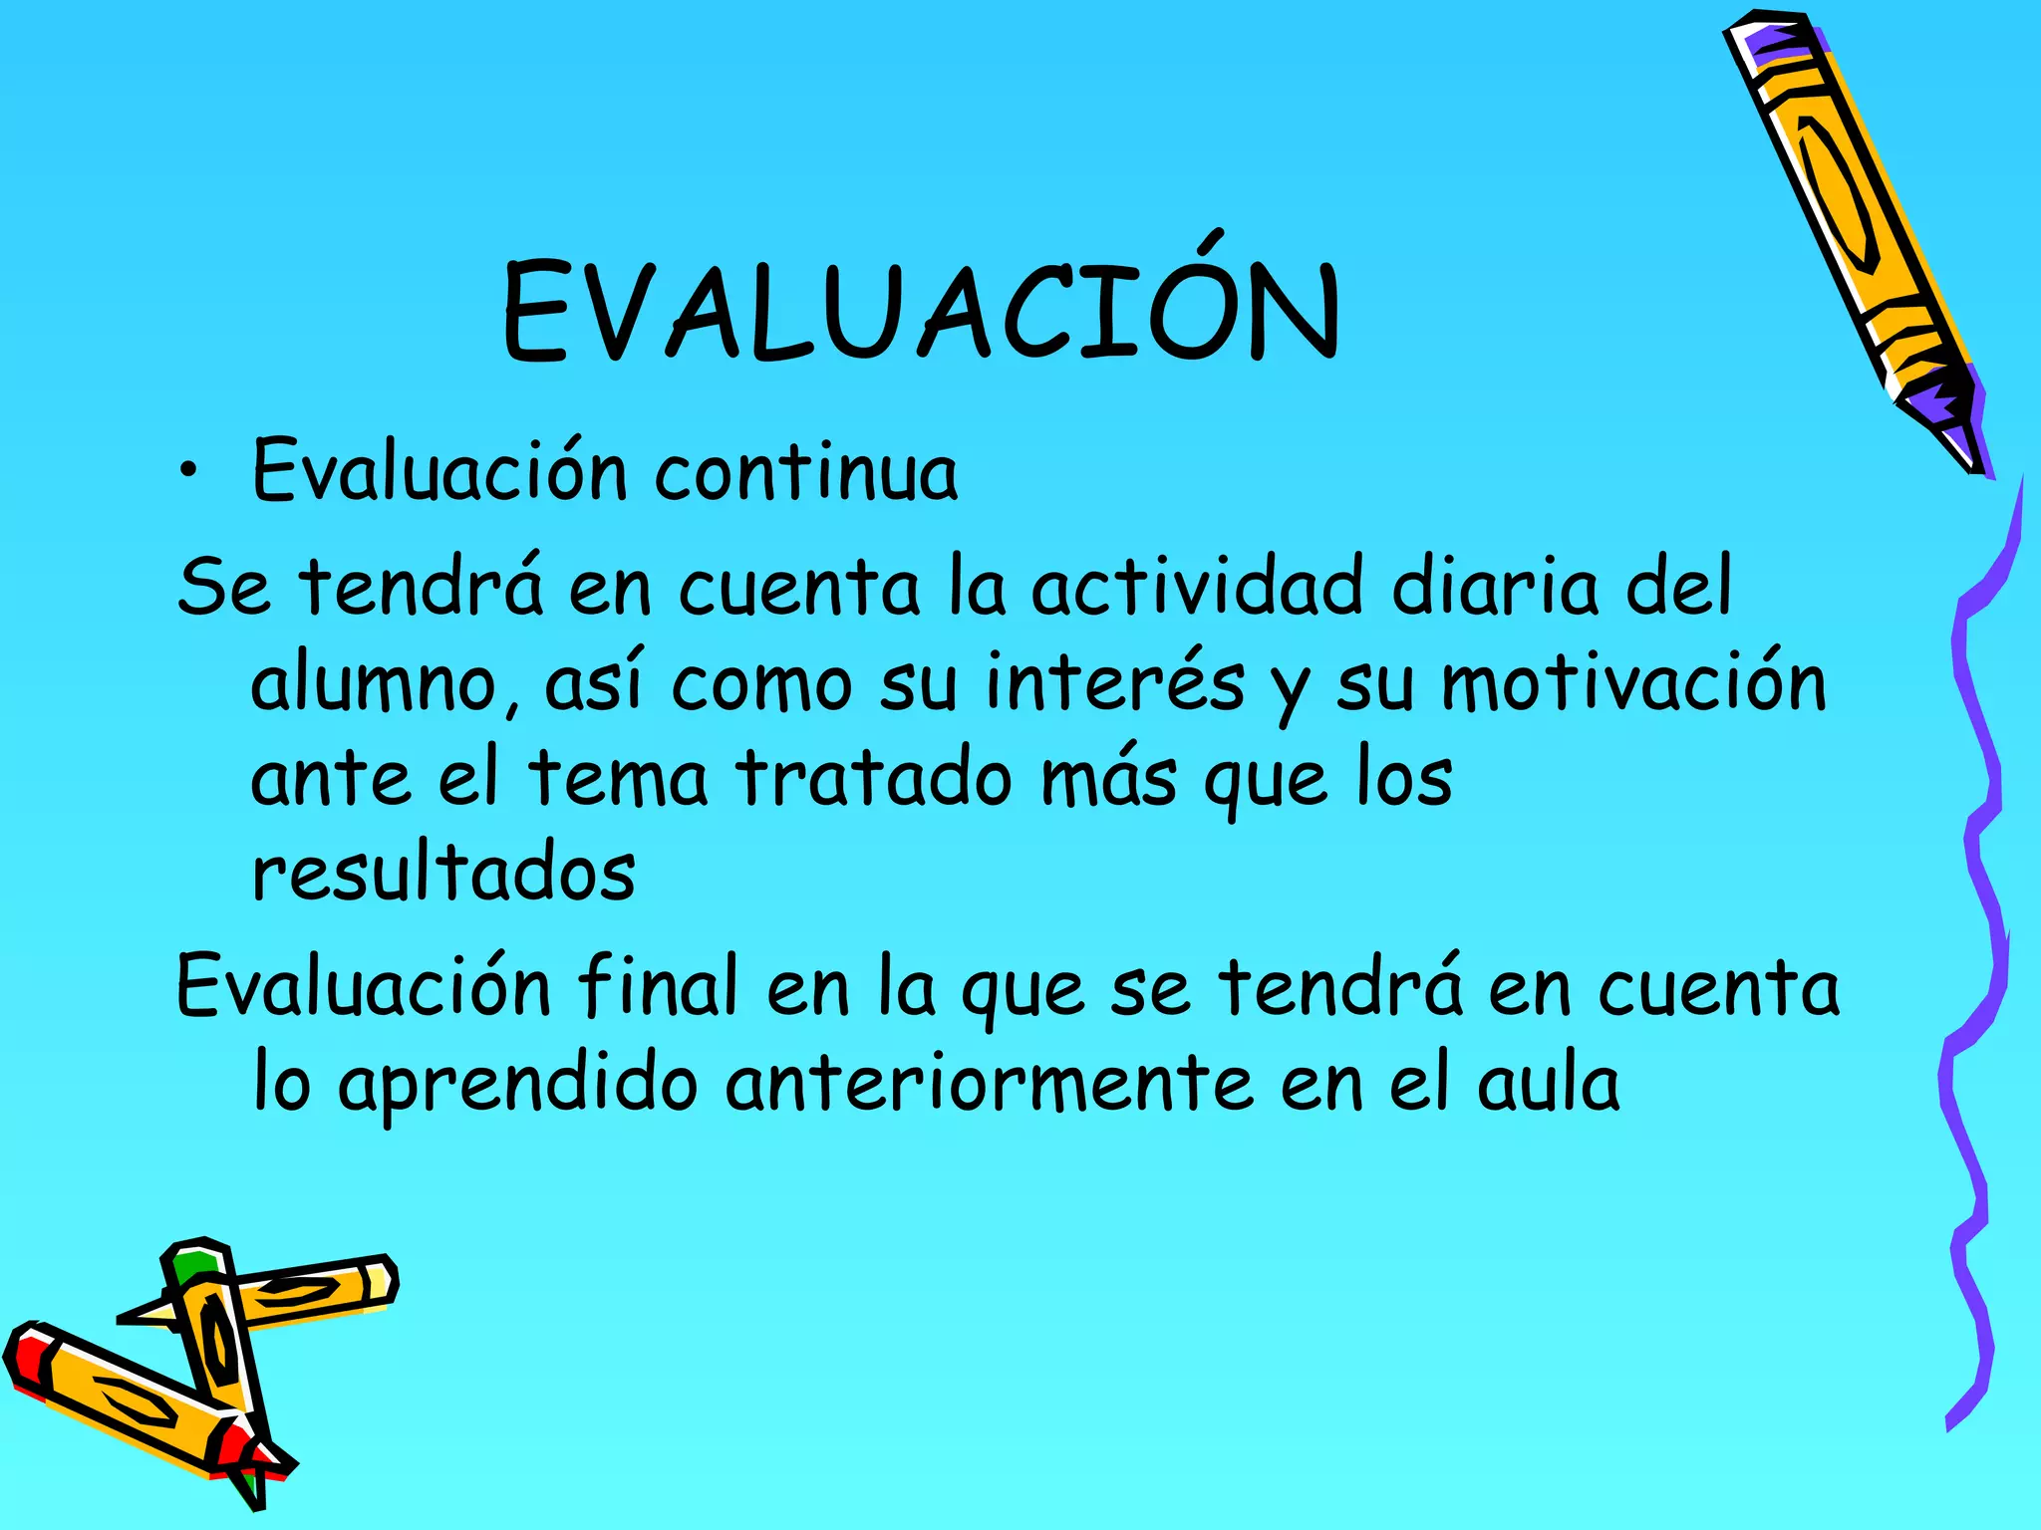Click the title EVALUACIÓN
click(x=922, y=311)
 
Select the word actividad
click(x=1196, y=586)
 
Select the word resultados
click(x=443, y=874)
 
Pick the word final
click(x=658, y=986)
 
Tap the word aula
click(x=1549, y=1084)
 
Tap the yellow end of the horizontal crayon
click(x=379, y=1280)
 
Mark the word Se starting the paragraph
click(x=224, y=586)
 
